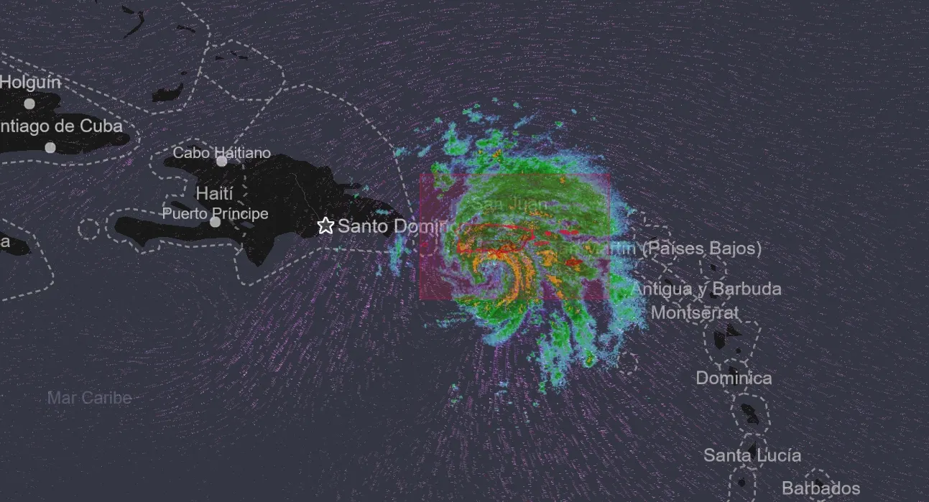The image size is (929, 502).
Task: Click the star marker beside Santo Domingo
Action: (x=325, y=226)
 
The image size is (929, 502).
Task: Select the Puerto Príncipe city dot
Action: (x=215, y=222)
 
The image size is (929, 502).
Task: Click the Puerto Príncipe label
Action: (x=215, y=213)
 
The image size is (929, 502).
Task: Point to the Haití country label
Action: (x=215, y=193)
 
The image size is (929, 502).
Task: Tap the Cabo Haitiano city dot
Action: (x=222, y=161)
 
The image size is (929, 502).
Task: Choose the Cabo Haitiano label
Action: (x=221, y=152)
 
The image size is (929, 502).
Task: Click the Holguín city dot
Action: (x=29, y=103)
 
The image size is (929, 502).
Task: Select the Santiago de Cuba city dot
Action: (x=50, y=148)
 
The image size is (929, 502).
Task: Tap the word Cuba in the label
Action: (x=100, y=126)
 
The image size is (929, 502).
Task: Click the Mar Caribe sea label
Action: (x=90, y=398)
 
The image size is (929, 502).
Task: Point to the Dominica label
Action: (x=734, y=378)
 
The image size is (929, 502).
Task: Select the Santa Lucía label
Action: (x=752, y=455)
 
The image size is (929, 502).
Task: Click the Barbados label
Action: (x=821, y=489)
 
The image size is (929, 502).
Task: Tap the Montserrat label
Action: (x=694, y=313)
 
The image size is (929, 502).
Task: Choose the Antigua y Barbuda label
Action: (x=706, y=289)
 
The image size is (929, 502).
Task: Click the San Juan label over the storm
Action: (x=512, y=204)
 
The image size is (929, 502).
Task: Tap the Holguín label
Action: (x=30, y=82)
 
